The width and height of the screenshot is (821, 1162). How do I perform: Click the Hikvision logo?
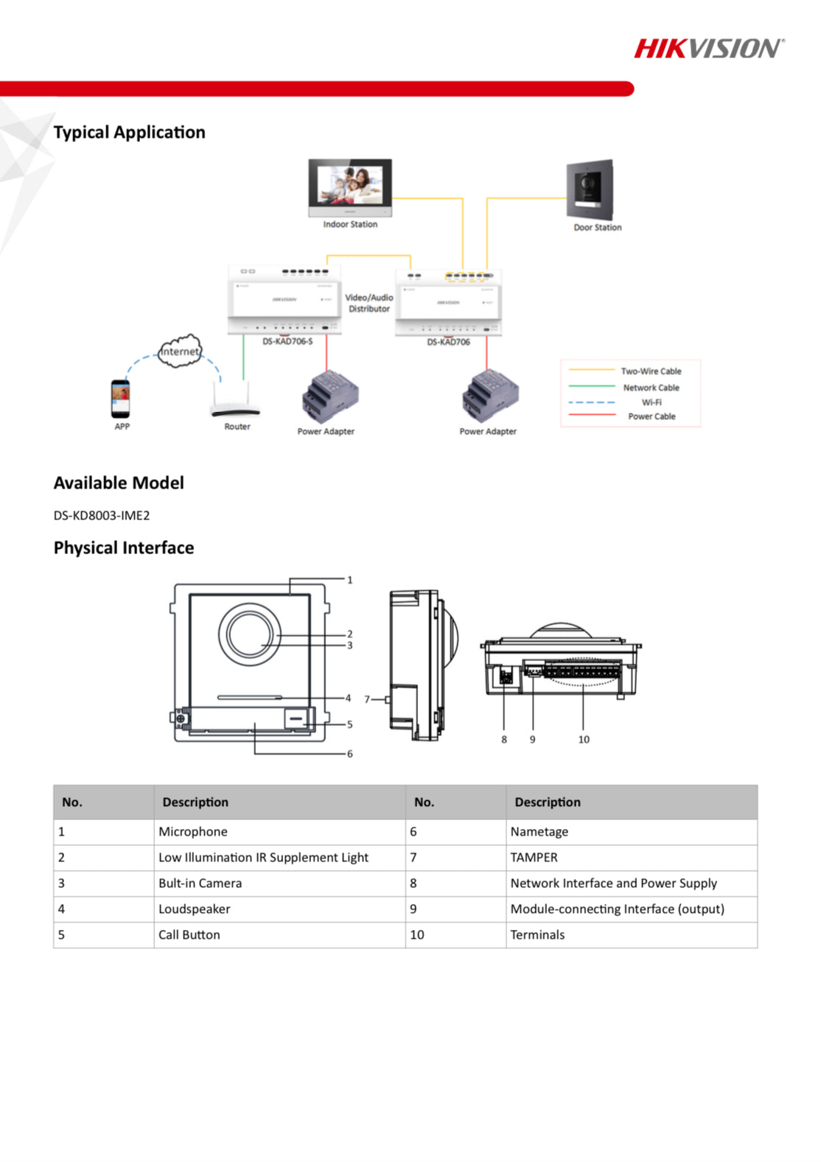[x=709, y=49]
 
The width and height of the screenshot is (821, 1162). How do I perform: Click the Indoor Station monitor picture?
[x=350, y=186]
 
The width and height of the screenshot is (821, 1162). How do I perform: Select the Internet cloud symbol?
[x=180, y=351]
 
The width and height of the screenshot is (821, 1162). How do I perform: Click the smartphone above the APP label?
[x=121, y=399]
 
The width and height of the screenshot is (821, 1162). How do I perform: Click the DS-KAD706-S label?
[x=287, y=342]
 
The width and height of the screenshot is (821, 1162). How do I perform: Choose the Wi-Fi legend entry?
[x=651, y=402]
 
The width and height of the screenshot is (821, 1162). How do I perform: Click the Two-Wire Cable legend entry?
[x=651, y=371]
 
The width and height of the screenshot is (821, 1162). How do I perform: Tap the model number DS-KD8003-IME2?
[x=102, y=515]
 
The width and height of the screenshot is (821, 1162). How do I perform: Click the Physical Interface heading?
[x=124, y=547]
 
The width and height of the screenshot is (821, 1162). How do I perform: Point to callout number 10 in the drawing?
[x=584, y=739]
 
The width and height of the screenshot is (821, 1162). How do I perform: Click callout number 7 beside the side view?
[x=367, y=699]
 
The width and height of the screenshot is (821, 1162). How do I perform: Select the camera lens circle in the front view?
[x=250, y=634]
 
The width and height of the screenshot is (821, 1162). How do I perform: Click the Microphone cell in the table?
[x=193, y=831]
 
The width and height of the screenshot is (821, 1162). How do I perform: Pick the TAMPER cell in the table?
[x=534, y=857]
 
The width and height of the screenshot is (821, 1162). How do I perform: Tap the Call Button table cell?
[x=189, y=934]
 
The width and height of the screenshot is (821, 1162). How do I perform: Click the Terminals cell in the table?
[x=538, y=934]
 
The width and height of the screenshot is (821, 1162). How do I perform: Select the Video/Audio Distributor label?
[x=369, y=303]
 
